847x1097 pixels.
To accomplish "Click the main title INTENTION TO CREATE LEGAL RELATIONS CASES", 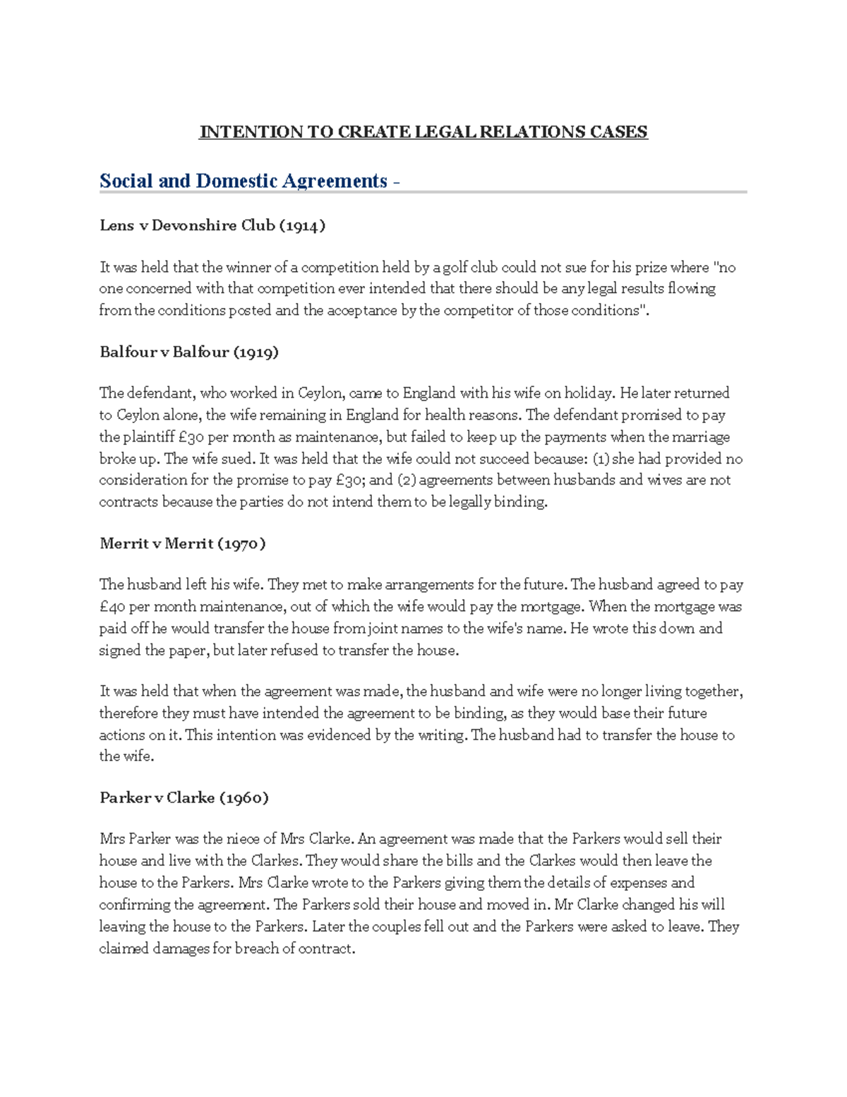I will [x=423, y=132].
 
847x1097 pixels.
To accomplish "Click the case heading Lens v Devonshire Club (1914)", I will [x=212, y=226].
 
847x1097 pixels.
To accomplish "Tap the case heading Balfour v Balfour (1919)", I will [x=188, y=352].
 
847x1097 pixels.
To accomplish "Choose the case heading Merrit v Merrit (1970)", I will [x=182, y=543].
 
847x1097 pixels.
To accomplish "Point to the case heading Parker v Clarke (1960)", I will [x=184, y=797].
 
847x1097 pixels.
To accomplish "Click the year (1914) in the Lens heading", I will [x=302, y=226].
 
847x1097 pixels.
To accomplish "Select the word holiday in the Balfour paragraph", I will [x=589, y=393].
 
